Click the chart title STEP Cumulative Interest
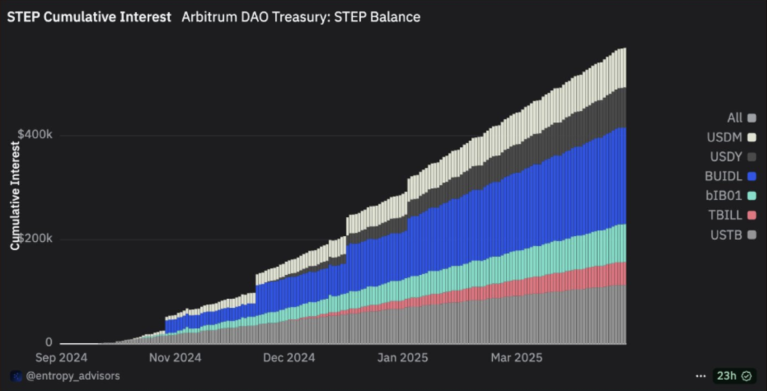coord(88,16)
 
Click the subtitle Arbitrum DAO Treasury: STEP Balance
coord(300,16)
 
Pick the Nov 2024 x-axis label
coord(176,357)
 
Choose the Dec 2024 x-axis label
coord(288,357)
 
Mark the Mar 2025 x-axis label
coord(512,357)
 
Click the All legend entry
coord(735,118)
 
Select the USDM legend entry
coord(727,137)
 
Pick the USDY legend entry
coord(727,157)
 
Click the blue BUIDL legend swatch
coord(751,176)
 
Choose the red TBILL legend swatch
coord(751,215)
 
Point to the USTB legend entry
coord(727,234)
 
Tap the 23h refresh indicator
coord(727,375)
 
